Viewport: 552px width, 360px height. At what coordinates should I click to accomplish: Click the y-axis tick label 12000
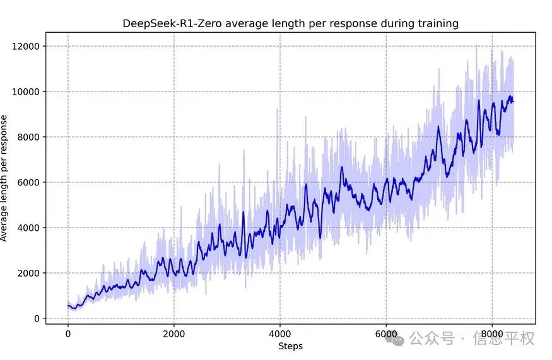pos(26,46)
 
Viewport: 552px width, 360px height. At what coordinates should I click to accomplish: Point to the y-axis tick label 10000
pos(26,91)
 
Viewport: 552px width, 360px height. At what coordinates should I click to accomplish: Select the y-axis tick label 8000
pos(28,137)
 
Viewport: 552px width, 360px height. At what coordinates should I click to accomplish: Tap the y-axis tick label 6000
pos(28,182)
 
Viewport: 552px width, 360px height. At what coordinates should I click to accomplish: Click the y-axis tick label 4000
pos(28,228)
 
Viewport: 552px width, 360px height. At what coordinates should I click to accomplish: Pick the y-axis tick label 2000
pos(28,273)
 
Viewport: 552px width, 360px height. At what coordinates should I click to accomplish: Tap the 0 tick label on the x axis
pos(68,333)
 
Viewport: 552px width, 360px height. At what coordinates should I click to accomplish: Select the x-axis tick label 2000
pos(174,333)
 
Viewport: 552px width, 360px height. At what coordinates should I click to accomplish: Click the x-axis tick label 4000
pos(280,333)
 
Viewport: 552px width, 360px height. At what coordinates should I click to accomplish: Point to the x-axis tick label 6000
pos(386,333)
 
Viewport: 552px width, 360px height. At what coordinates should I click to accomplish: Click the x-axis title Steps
pos(290,345)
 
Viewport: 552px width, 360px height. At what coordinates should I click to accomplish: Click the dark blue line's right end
pos(514,102)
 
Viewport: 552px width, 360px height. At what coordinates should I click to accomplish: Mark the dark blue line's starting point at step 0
pos(68,306)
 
